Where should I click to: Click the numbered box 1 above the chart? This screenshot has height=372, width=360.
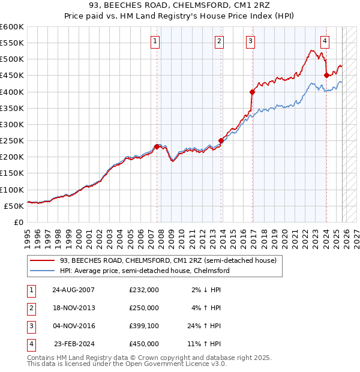click(x=155, y=41)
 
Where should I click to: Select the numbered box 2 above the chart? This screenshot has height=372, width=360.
click(x=220, y=41)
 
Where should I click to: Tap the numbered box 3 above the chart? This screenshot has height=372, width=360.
click(x=250, y=41)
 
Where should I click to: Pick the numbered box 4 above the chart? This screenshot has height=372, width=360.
click(x=325, y=41)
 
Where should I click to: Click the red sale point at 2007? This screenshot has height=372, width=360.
click(x=157, y=146)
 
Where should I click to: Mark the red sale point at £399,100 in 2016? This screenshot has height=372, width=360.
click(x=252, y=92)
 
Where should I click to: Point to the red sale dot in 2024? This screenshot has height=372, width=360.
click(x=326, y=75)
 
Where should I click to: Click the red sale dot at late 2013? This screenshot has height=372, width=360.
click(x=221, y=140)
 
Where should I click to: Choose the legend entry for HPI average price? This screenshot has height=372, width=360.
click(x=145, y=271)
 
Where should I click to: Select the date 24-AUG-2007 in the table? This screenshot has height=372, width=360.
click(x=73, y=290)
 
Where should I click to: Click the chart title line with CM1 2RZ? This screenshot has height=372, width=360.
click(x=179, y=6)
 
